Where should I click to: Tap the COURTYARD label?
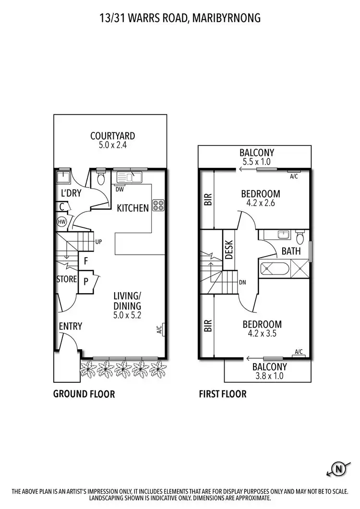[x=113, y=136]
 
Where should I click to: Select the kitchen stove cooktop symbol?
[x=158, y=206]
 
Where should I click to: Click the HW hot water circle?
[x=61, y=222]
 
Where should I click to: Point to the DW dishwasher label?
[x=120, y=189]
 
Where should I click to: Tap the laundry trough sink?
[x=62, y=178]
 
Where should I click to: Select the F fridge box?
[x=85, y=261]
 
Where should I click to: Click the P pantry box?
[x=86, y=281]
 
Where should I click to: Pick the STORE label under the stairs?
[x=67, y=279]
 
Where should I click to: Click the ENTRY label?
[x=70, y=326]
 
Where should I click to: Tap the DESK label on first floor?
[x=229, y=249]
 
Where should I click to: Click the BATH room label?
[x=291, y=251]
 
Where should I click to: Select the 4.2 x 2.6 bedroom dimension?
[x=260, y=202]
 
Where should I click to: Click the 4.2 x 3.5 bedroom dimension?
[x=262, y=333]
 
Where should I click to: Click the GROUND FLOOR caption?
[x=84, y=394]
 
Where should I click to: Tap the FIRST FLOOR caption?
[x=223, y=394]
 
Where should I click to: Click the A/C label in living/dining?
[x=159, y=330]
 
